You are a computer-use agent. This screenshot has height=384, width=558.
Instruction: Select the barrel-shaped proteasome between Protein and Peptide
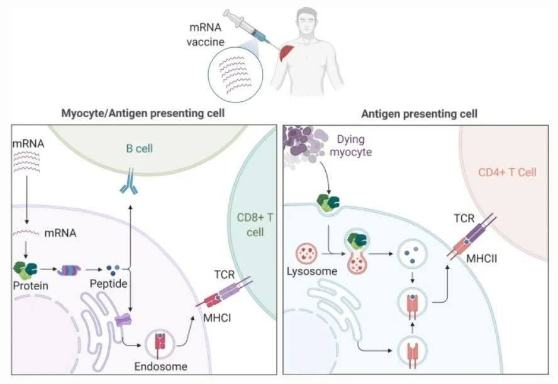tap(70, 270)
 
